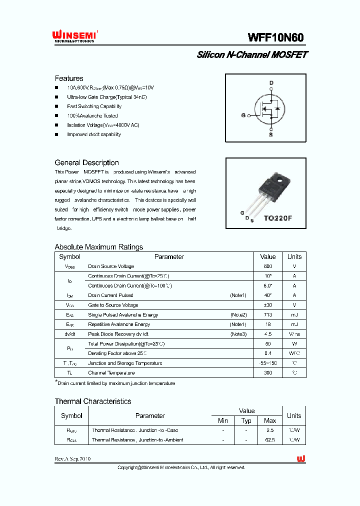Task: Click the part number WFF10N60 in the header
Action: pyautogui.click(x=275, y=37)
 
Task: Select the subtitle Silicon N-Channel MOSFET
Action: pyautogui.click(x=251, y=54)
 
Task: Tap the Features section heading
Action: pyautogui.click(x=69, y=78)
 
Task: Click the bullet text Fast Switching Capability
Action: pyautogui.click(x=94, y=106)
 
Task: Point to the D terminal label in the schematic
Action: pyautogui.click(x=271, y=83)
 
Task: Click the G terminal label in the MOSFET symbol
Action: pyautogui.click(x=243, y=115)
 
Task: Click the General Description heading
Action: pyautogui.click(x=86, y=162)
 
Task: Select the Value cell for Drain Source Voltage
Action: pyautogui.click(x=268, y=266)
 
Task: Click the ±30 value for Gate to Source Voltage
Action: pyautogui.click(x=268, y=305)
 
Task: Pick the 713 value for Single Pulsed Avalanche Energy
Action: pyautogui.click(x=268, y=315)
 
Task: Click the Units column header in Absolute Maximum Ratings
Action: pyautogui.click(x=294, y=256)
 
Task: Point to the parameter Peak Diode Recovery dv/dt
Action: pyautogui.click(x=118, y=334)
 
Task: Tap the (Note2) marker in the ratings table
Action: pyautogui.click(x=238, y=315)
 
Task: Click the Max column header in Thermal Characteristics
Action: pyautogui.click(x=270, y=421)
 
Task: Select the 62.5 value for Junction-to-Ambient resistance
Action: pyautogui.click(x=270, y=440)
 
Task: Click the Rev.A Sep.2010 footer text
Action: pyautogui.click(x=72, y=458)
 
